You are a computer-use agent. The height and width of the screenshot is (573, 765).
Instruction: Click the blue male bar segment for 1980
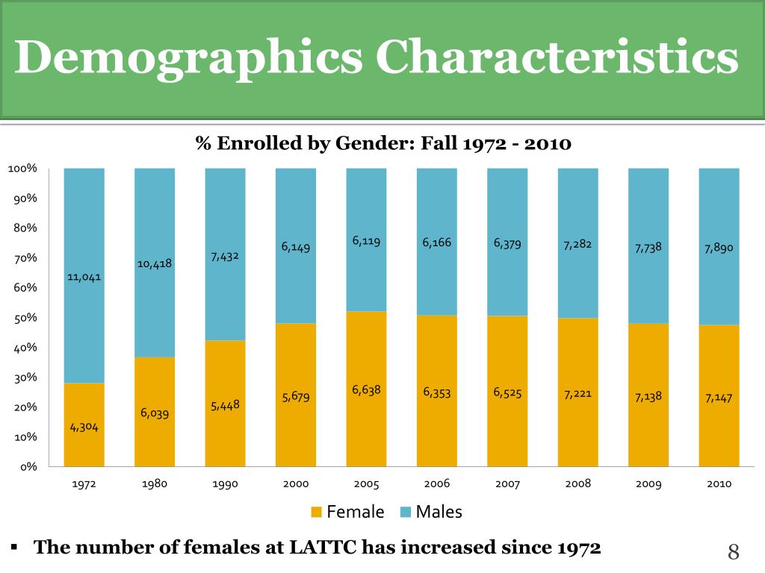coord(155,224)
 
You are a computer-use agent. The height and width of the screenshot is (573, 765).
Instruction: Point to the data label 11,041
coord(84,277)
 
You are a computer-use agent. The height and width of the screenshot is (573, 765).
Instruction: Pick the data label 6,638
coord(366,389)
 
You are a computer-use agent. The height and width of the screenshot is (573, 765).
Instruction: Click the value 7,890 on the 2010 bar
coord(719,248)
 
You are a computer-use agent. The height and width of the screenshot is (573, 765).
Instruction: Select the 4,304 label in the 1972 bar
coord(84,428)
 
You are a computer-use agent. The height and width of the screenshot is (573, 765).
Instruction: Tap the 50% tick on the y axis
coord(25,318)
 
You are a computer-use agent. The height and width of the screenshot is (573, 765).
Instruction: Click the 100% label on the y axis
coord(22,169)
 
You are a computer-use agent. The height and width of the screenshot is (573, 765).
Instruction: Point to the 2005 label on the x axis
coord(366,483)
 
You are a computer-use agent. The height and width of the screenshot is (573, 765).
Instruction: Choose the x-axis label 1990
coord(225,483)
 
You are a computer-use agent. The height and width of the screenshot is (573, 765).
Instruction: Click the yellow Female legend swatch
coord(316,512)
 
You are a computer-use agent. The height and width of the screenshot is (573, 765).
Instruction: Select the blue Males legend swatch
coord(406,512)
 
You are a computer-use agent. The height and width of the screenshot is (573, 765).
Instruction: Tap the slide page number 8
coord(733,552)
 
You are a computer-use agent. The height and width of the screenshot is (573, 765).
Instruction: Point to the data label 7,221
coord(577,393)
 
